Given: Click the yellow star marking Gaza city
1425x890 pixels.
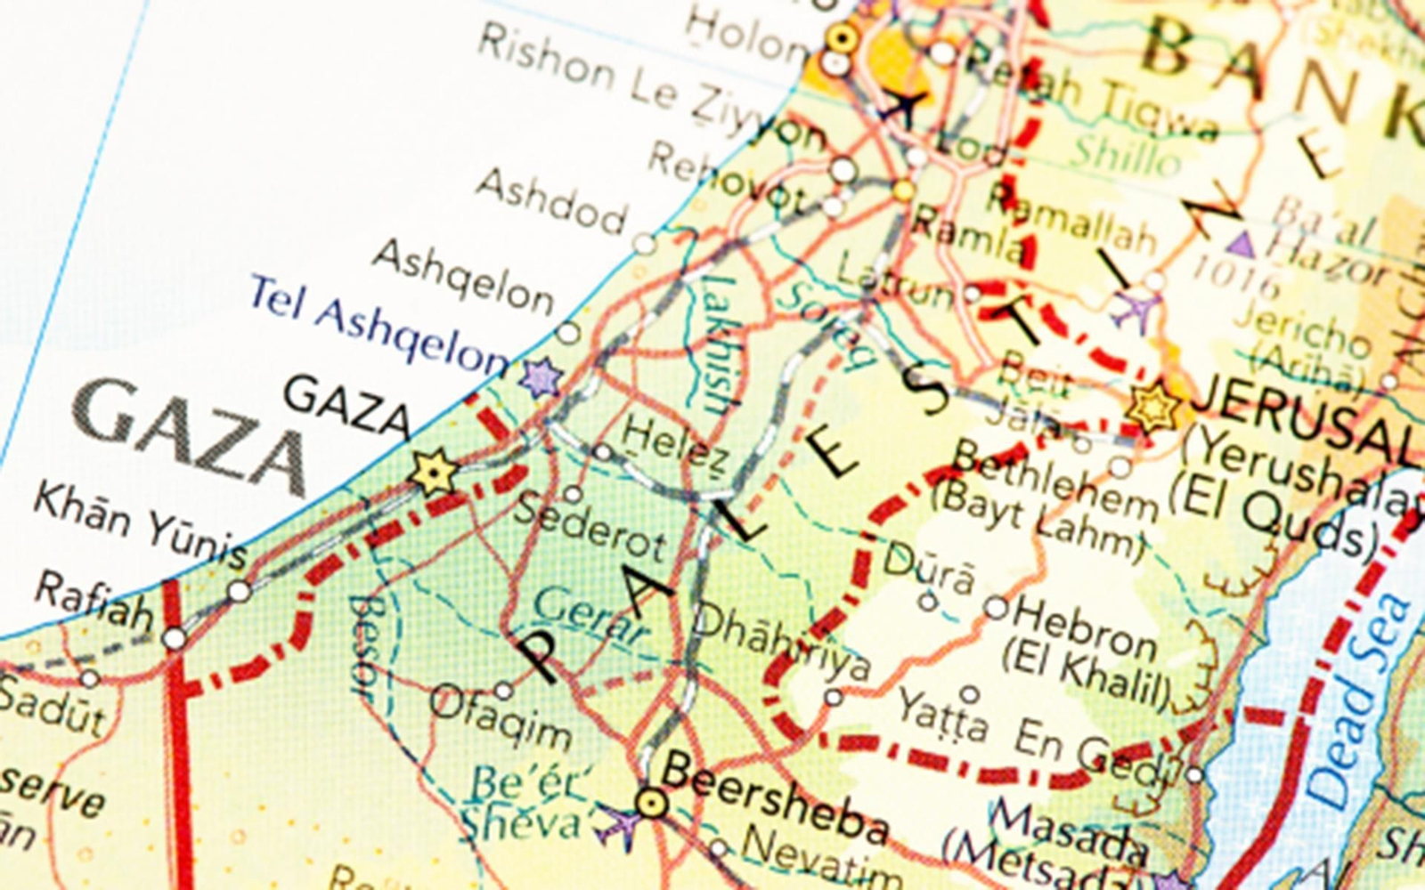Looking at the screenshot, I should tap(434, 473).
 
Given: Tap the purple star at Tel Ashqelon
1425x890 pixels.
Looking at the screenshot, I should tap(541, 377).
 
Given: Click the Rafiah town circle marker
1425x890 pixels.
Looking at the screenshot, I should tap(175, 638).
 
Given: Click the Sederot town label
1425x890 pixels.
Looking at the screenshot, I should tap(590, 526).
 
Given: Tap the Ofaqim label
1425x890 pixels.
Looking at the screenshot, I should tap(501, 717).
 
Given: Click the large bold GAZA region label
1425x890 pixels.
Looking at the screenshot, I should tap(191, 437).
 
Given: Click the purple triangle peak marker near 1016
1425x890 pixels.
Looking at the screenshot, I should tap(1240, 245).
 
